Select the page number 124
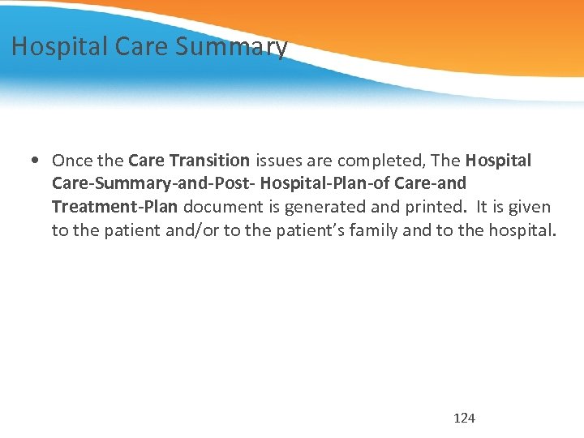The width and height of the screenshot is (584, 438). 464,418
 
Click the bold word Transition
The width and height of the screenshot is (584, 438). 210,161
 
